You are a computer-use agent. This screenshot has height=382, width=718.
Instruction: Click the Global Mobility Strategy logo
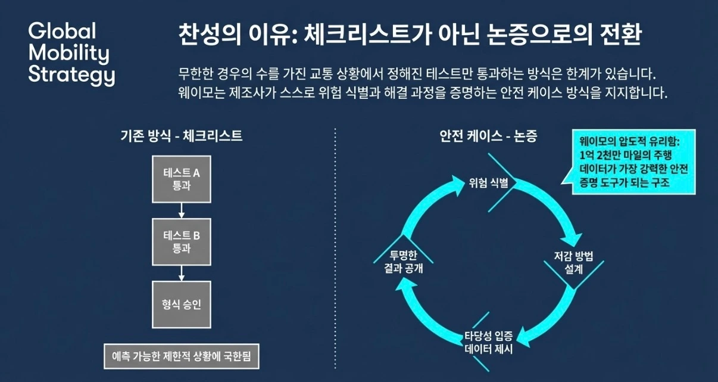[71, 54]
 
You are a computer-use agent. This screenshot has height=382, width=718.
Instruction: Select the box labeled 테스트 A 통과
[182, 179]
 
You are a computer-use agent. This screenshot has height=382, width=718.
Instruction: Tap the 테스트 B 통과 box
[182, 242]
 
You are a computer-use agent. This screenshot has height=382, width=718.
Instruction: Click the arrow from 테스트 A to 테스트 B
[182, 210]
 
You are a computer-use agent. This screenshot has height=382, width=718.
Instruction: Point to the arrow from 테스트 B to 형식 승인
[182, 273]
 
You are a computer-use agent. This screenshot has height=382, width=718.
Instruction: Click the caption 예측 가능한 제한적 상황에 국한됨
[182, 357]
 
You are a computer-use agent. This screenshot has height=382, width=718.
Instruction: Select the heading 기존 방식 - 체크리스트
[182, 136]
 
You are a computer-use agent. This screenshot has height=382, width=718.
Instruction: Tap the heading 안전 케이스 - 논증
[488, 136]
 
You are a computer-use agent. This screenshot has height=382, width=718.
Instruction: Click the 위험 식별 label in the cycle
[488, 182]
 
